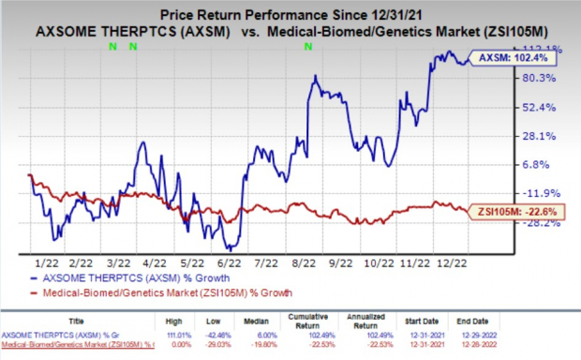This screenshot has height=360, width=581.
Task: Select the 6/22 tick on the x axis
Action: (x=230, y=264)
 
